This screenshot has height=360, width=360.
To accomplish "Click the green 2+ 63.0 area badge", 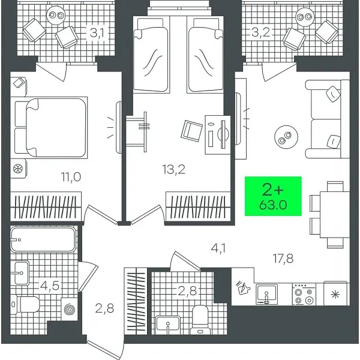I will (x=273, y=197).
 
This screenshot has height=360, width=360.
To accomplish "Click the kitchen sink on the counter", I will (x=268, y=293).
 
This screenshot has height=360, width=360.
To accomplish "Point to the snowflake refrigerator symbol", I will (x=334, y=294).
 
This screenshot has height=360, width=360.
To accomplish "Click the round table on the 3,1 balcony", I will (x=56, y=14).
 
